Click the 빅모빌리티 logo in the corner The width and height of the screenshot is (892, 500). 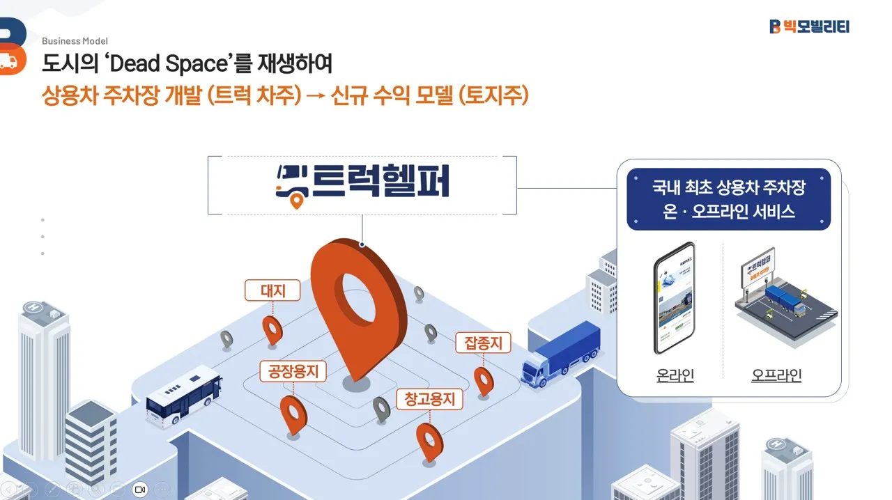[809, 26]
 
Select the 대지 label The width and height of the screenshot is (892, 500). [272, 290]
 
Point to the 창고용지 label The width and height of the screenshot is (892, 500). [430, 399]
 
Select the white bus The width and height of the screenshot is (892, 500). [183, 396]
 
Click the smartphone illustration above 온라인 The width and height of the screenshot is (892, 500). [675, 298]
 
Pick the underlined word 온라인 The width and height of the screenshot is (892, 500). [675, 375]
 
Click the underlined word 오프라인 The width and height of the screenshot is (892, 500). [776, 375]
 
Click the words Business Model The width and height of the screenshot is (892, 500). [75, 41]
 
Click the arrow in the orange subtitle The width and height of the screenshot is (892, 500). [316, 95]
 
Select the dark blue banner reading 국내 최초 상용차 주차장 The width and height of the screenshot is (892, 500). [728, 199]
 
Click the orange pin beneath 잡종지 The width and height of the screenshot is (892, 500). [484, 380]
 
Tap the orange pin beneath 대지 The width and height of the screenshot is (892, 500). [272, 329]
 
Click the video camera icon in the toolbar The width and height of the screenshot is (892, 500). [140, 489]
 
